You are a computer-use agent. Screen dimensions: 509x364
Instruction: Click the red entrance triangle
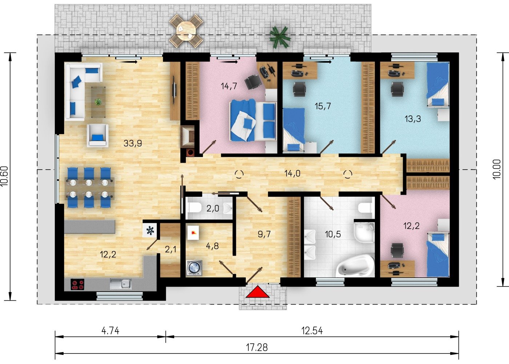[257, 292]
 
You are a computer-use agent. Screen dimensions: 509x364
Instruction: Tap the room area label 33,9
[133, 143]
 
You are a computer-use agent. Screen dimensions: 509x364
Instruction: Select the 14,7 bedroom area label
[229, 86]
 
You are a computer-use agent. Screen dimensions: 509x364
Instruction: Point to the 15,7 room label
[323, 106]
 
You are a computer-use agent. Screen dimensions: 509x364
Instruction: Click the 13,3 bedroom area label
[413, 119]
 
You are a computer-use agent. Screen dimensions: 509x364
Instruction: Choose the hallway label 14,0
[292, 174]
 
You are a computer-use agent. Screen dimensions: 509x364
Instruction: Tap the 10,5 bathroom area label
[333, 234]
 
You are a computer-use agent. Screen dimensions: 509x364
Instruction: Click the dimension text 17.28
[257, 348]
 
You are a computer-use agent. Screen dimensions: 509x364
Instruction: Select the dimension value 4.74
[110, 331]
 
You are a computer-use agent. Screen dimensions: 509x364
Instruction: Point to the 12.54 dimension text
[312, 331]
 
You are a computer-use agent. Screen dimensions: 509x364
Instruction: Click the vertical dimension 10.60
[4, 176]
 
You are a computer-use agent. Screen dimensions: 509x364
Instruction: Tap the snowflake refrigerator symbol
[150, 231]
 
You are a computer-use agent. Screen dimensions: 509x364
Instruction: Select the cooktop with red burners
[77, 285]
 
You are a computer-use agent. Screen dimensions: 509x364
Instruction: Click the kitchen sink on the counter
[121, 284]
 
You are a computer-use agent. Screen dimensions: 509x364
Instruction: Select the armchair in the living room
[98, 135]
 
